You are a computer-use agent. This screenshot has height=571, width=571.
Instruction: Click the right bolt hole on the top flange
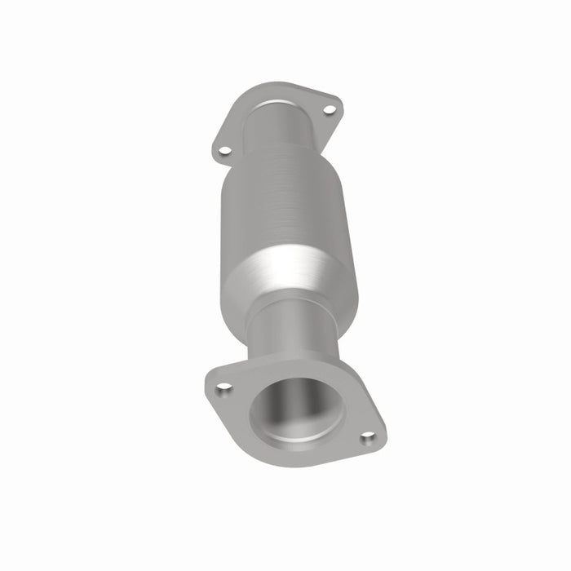329,109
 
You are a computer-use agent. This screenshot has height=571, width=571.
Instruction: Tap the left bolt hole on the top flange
224,150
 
